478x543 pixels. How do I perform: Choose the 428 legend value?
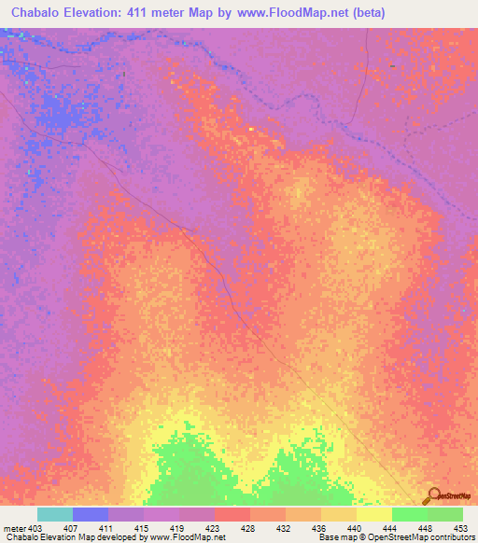point(248,528)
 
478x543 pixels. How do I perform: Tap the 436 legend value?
point(319,528)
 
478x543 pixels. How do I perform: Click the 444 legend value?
point(390,528)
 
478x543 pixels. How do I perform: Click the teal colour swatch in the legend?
point(55,514)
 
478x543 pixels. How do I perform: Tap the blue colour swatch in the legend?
point(91,514)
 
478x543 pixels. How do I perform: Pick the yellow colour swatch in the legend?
point(374,514)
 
